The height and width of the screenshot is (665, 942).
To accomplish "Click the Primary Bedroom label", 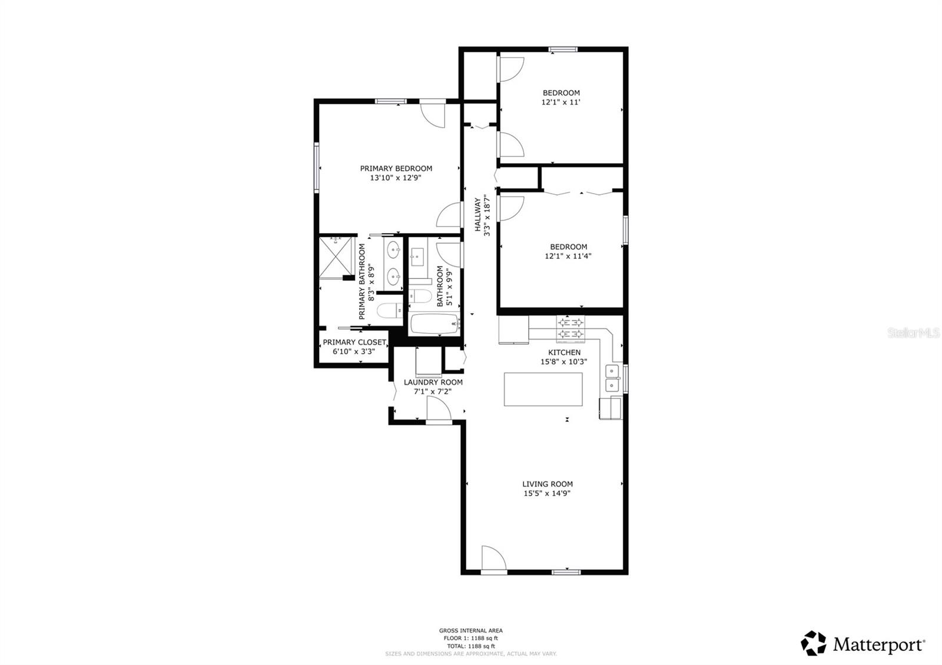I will [396, 168].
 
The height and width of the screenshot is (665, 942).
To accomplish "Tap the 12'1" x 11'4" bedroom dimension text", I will [568, 256].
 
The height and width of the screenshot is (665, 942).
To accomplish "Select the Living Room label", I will [547, 484].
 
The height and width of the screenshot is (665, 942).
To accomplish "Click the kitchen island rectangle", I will [543, 389].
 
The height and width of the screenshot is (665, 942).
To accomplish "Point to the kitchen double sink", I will [612, 378].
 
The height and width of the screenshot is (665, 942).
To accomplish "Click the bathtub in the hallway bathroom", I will [434, 324].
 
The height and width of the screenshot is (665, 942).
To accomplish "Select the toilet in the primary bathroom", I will [389, 310].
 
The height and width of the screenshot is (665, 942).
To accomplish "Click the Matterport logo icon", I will [814, 643].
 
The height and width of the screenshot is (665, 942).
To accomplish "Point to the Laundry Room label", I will [433, 382].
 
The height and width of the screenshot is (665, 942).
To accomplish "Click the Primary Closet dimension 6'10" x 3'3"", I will [354, 351].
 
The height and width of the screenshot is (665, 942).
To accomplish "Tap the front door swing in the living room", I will [493, 558].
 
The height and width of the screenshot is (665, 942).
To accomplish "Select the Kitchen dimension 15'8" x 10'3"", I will [563, 362].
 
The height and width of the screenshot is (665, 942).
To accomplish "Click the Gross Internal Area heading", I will [470, 630].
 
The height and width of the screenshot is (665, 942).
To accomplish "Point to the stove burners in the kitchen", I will [571, 329].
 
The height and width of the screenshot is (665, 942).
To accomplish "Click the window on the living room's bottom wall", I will [566, 571].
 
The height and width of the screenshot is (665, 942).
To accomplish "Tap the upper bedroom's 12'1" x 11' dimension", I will [561, 102].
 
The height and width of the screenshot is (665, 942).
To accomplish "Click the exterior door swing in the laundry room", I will [438, 410].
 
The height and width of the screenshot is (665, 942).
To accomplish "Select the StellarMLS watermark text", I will [913, 333].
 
